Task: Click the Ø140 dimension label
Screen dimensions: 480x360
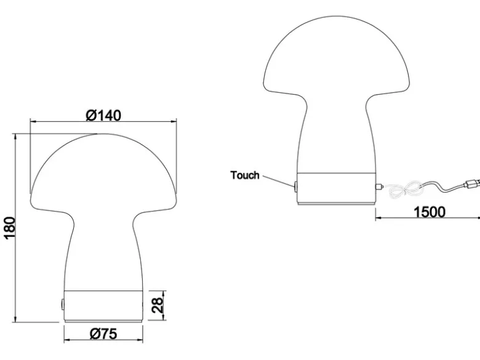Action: tap(103, 116)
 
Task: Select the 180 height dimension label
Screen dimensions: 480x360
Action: tap(9, 228)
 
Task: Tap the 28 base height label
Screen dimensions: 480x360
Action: tap(158, 305)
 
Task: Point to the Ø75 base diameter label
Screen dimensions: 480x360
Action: tap(103, 334)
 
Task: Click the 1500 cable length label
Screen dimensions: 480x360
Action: tap(430, 212)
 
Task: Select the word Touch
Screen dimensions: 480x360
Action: tap(245, 175)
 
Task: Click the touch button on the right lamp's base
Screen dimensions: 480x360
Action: tap(296, 186)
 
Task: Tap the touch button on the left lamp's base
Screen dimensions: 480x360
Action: tap(62, 305)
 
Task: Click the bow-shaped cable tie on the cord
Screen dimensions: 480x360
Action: tap(406, 190)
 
